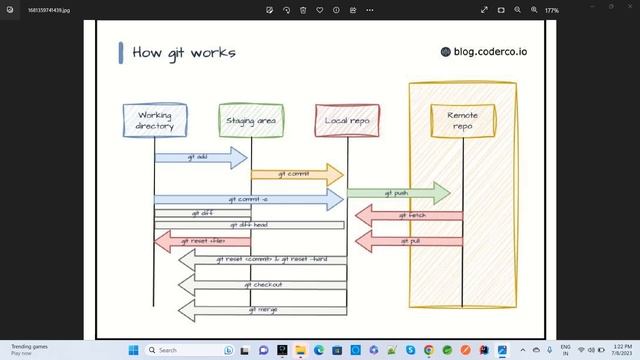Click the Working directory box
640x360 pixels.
[x=154, y=121]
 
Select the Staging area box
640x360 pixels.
[x=251, y=121]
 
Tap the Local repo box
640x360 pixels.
[x=346, y=121]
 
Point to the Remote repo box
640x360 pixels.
[x=462, y=121]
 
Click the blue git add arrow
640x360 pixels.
[x=201, y=157]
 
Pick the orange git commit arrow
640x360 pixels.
[x=296, y=174]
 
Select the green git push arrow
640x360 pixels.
[x=398, y=191]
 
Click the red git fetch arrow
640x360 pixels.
[x=409, y=215]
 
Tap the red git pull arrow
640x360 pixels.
[x=409, y=241]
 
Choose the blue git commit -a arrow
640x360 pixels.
[x=248, y=199]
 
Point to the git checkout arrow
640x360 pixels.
[x=262, y=285]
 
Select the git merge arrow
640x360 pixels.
[x=262, y=310]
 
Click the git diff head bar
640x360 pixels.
[x=249, y=225]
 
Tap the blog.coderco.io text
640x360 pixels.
[x=485, y=51]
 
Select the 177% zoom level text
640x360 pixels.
[x=551, y=9]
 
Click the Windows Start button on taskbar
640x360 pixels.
[x=134, y=350]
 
